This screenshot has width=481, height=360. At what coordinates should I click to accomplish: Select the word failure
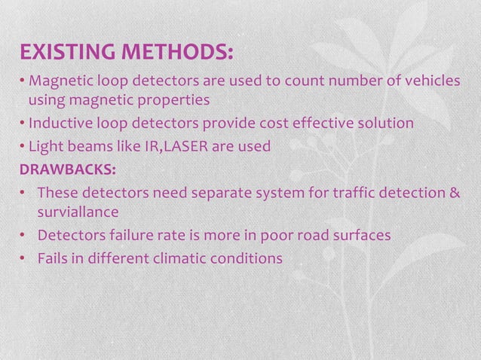pyautogui.click(x=133, y=236)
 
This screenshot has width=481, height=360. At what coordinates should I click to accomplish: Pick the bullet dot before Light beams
pyautogui.click(x=23, y=146)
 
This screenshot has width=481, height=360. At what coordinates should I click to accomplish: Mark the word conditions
pyautogui.click(x=252, y=258)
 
